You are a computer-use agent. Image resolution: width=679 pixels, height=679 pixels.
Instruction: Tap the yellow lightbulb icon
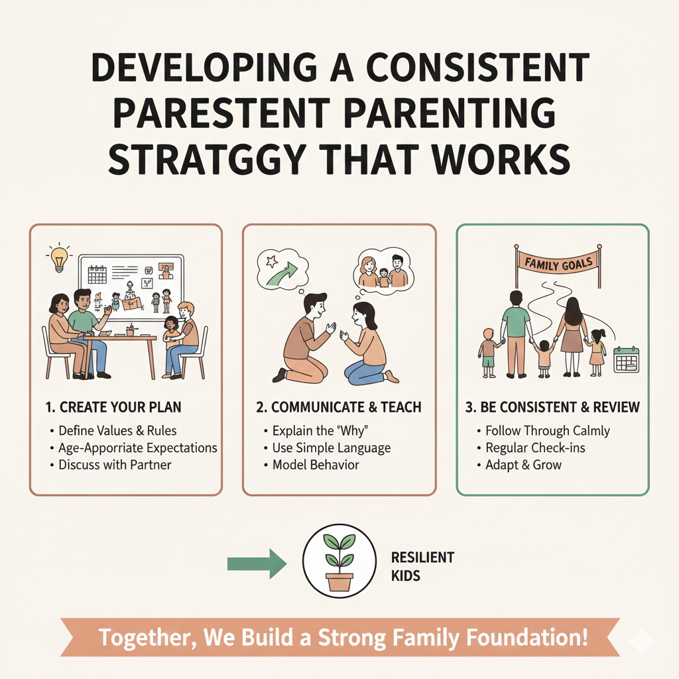[59, 258]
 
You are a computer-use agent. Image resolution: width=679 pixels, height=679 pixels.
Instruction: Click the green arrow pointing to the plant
[257, 564]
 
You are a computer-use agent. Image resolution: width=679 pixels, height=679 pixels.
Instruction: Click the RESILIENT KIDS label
[422, 566]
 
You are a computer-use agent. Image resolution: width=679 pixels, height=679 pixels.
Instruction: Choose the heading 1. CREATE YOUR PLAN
[113, 407]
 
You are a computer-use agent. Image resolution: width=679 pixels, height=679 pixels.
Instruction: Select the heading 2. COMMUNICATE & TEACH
[339, 407]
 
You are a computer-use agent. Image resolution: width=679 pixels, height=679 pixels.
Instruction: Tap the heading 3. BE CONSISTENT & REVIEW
[552, 407]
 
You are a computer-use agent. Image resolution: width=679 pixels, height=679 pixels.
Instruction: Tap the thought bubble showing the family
[383, 271]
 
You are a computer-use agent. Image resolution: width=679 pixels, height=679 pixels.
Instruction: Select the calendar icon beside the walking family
[627, 359]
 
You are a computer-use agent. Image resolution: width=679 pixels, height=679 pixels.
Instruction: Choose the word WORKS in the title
[501, 160]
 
